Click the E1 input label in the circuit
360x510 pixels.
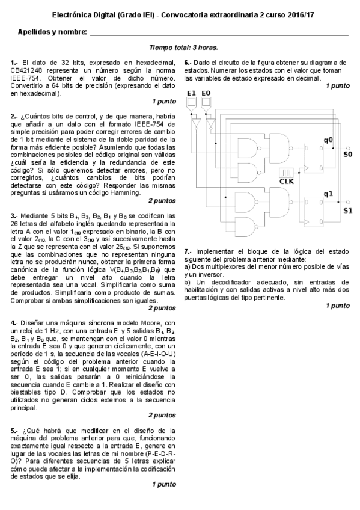pos(192,93)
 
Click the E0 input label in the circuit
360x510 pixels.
pos(206,93)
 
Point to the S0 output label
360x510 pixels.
pos(347,155)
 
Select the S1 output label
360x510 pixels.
pos(347,210)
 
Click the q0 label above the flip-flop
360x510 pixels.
pos(328,140)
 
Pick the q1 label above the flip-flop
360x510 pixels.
pos(328,194)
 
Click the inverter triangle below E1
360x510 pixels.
pos(195,124)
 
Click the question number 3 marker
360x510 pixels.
pos(13,215)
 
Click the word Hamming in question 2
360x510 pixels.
pos(124,193)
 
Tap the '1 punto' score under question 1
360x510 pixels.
pos(163,101)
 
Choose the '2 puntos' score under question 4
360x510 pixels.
pos(162,415)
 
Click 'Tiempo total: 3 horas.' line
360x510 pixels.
pos(183,47)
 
